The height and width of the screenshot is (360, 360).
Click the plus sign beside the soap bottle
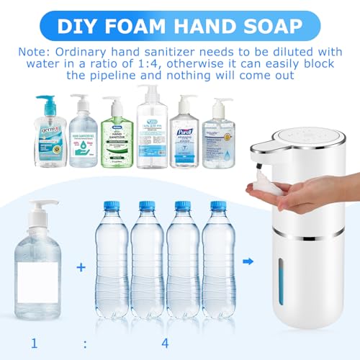click(x=81, y=267)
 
